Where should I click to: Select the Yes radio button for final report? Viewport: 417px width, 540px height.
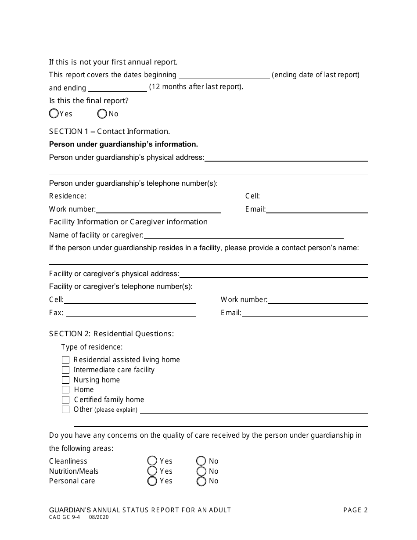pyautogui.click(x=54, y=114)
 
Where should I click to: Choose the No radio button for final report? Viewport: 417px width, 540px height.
pyautogui.click(x=102, y=114)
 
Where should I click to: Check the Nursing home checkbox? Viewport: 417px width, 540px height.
pyautogui.click(x=65, y=380)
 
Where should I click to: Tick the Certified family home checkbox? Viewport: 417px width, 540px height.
pyautogui.click(x=65, y=400)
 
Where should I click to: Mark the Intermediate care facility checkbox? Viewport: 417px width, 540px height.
pyautogui.click(x=65, y=370)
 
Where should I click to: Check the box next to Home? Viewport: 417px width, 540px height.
pyautogui.click(x=65, y=389)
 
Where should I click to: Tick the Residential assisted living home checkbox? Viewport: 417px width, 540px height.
pyautogui.click(x=65, y=360)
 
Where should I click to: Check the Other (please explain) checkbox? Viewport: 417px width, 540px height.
pyautogui.click(x=65, y=410)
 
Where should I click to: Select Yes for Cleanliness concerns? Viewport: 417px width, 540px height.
pyautogui.click(x=152, y=461)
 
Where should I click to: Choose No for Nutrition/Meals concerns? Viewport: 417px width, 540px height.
pyautogui.click(x=201, y=471)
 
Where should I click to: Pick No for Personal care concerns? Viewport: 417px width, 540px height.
pyautogui.click(x=201, y=481)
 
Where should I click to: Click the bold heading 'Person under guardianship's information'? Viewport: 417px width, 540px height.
pyautogui.click(x=123, y=144)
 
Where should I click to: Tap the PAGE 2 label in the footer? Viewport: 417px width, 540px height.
pyautogui.click(x=355, y=510)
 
